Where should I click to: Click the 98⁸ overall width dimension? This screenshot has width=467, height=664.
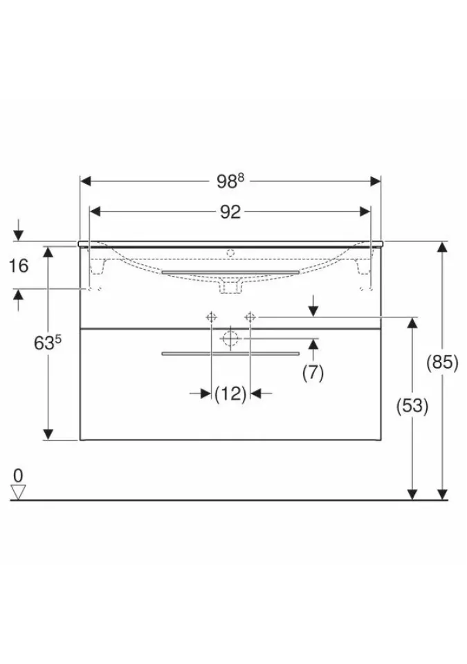(230, 181)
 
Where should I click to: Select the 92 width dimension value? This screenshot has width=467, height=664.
(230, 212)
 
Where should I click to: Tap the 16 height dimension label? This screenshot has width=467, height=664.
(19, 266)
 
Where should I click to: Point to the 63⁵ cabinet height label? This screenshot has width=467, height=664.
(48, 343)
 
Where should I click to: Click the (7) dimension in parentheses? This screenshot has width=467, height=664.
(313, 373)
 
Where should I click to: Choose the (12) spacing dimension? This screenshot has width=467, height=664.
(230, 394)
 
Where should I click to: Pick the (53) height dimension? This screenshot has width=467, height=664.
(412, 407)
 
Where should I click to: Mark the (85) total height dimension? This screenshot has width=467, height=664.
(442, 362)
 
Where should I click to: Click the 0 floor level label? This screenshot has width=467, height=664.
(18, 476)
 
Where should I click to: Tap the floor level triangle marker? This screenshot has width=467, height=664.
(18, 492)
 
